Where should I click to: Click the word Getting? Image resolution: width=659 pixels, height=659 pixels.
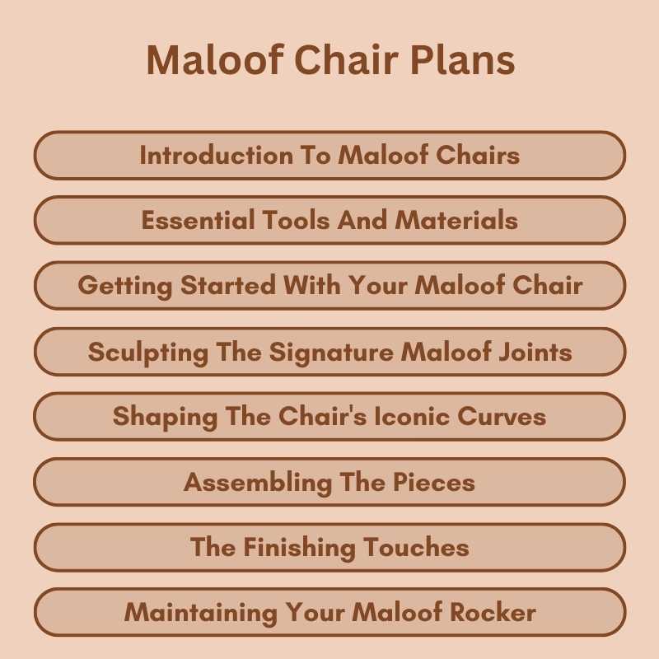125,286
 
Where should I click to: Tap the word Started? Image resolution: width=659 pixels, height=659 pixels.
228,286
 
